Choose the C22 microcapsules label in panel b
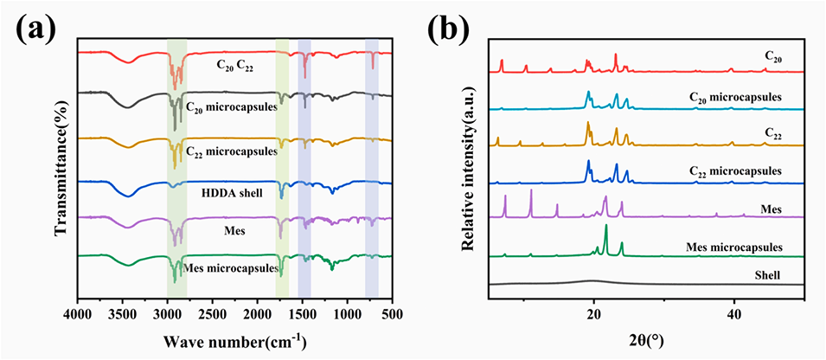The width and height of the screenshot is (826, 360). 735,171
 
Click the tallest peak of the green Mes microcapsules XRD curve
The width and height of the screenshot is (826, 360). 605,226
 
